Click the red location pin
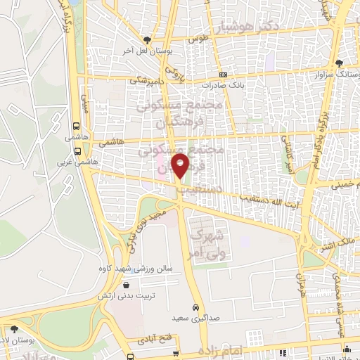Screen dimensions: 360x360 point(181,167)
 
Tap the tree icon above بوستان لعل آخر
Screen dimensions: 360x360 point(146,40)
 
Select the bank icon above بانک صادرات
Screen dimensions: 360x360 point(224,75)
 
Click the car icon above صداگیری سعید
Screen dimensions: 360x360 point(195,307)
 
